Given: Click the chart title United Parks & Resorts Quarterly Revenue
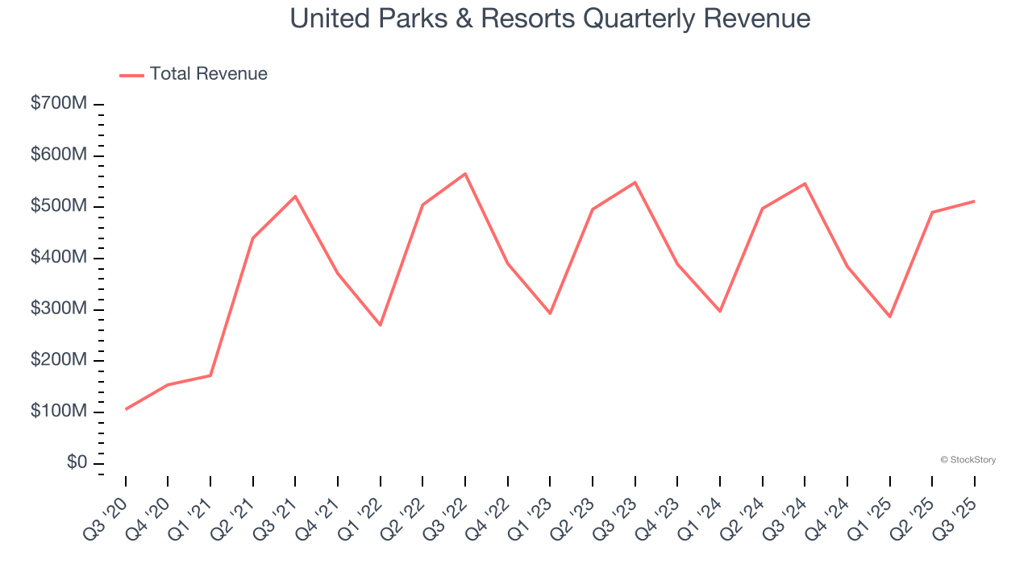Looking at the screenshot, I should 550,18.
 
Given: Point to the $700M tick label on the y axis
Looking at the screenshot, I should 59,104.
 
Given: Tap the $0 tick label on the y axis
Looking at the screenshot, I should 77,462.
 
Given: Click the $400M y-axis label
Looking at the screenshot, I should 59,258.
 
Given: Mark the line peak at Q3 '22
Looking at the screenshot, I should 465,173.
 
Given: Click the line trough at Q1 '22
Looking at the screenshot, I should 381,325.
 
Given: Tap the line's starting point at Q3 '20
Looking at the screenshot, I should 126,409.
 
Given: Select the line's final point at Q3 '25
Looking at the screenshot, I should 975,201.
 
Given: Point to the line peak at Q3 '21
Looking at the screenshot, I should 295,196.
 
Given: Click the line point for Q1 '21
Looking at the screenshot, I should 210,375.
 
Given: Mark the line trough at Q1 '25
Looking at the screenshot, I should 890,317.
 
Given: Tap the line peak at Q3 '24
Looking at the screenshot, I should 805,184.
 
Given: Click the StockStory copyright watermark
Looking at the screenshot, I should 967,460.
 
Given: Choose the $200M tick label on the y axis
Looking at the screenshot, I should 59,360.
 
